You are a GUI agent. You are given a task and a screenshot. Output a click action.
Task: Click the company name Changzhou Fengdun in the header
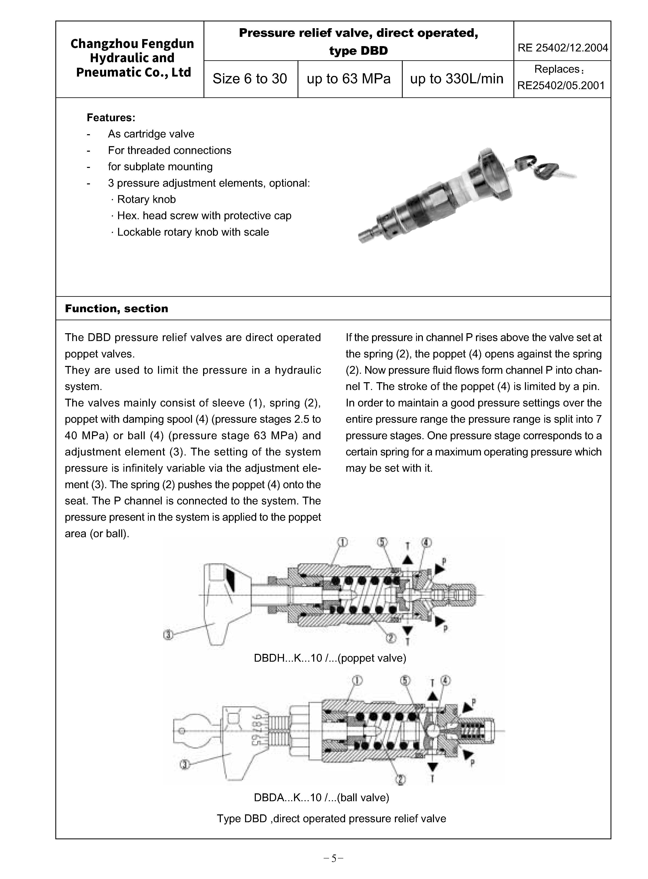pos(132,44)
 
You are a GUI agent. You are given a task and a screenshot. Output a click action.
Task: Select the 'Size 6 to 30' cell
pos(250,79)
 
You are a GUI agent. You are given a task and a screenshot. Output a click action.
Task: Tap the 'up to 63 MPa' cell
pos(349,79)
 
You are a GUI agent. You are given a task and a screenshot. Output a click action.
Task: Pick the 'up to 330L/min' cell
pos(457,79)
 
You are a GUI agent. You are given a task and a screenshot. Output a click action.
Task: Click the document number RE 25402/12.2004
pos(562,48)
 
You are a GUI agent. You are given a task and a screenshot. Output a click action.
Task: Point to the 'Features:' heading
pos(111,118)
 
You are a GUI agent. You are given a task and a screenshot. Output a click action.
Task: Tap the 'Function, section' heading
pos(116,309)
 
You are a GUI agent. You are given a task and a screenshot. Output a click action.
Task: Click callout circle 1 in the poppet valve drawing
pos(342,542)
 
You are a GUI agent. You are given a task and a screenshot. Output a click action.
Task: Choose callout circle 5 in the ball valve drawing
pos(405,680)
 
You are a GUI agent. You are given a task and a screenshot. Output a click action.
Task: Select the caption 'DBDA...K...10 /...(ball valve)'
pos(321,798)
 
